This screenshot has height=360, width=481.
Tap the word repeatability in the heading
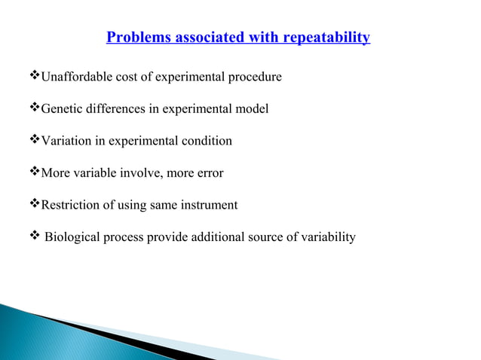(x=326, y=37)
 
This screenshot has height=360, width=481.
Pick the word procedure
(x=256, y=77)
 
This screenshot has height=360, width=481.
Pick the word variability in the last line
(x=328, y=238)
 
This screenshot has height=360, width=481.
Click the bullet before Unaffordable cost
(x=34, y=77)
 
